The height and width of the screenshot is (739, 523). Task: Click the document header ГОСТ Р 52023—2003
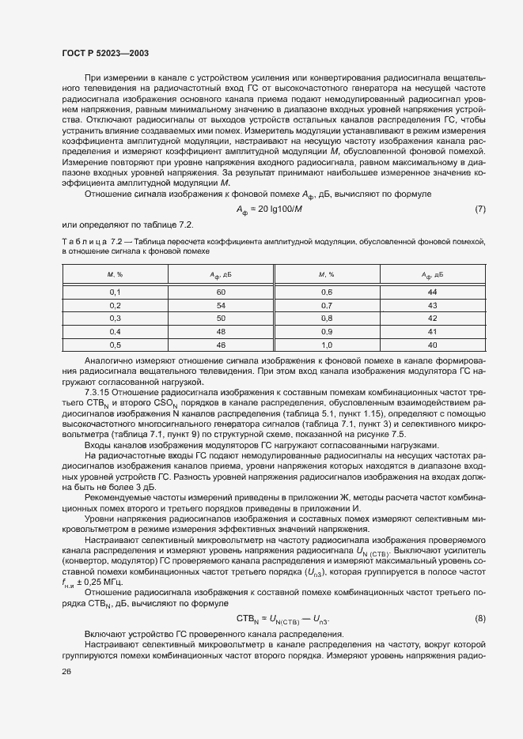coord(105,52)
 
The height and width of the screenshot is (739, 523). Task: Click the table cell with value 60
coord(221,292)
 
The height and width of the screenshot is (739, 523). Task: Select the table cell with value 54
coord(221,305)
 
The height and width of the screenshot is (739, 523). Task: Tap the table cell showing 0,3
coord(115,318)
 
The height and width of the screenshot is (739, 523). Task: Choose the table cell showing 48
coord(221,331)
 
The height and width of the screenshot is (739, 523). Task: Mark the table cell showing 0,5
coord(115,345)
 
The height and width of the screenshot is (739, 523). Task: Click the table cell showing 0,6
coord(326,292)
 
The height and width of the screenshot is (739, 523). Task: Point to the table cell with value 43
coord(432,305)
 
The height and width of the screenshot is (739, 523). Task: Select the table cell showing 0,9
coord(326,331)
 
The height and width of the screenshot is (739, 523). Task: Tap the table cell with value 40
coord(432,345)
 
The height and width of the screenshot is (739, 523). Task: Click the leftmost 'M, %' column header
coord(115,274)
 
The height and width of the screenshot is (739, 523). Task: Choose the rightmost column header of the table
coord(432,274)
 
